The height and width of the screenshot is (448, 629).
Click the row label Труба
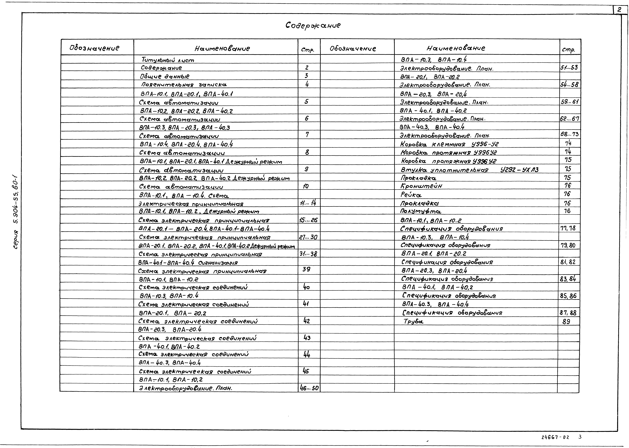point(413,321)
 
